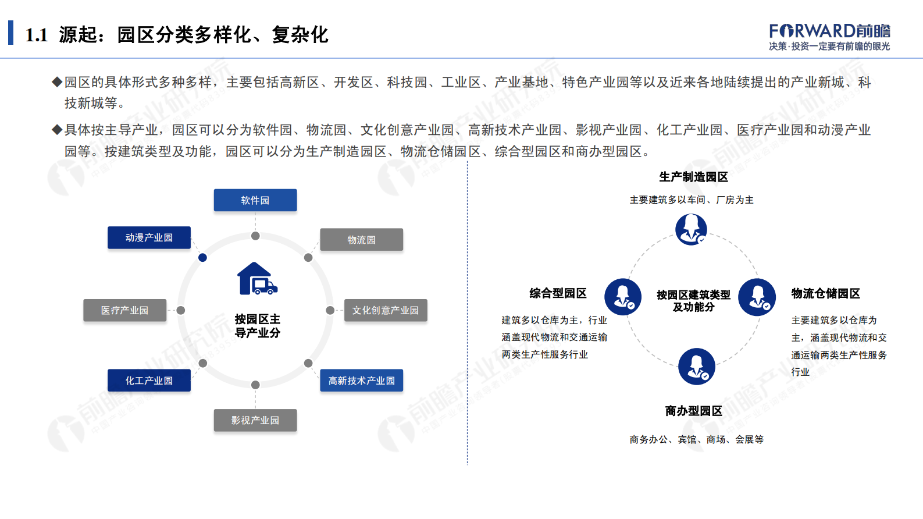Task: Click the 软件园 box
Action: click(x=255, y=200)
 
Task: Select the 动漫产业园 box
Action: click(x=149, y=237)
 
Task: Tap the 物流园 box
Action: click(x=361, y=240)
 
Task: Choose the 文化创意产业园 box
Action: click(x=386, y=310)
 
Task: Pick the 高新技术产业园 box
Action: click(x=361, y=381)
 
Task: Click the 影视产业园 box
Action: click(x=255, y=420)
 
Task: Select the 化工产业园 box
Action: click(x=149, y=381)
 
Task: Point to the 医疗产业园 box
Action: click(x=124, y=310)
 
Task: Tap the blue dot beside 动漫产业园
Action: click(x=202, y=257)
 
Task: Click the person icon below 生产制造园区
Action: click(x=691, y=229)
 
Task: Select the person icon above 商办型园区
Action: click(x=696, y=367)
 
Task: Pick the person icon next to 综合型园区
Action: click(x=623, y=297)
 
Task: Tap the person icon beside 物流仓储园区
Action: click(x=757, y=297)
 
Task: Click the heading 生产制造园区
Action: click(x=693, y=177)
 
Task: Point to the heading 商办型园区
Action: click(x=693, y=411)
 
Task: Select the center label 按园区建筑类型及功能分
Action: click(x=693, y=301)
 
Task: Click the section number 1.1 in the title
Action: click(x=37, y=35)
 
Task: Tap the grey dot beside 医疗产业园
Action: click(x=181, y=310)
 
